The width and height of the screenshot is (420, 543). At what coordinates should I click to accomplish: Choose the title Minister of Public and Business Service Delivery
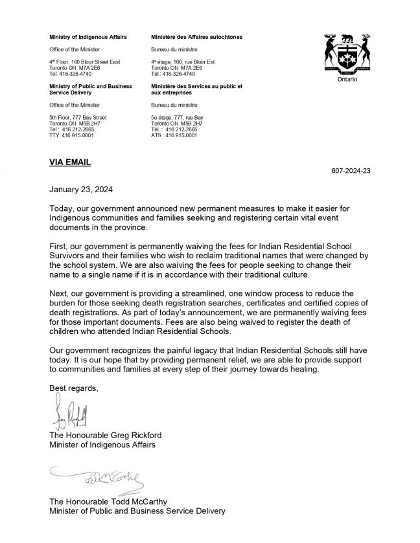click(x=137, y=511)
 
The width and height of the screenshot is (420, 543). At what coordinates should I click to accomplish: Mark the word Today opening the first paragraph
click(x=63, y=210)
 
